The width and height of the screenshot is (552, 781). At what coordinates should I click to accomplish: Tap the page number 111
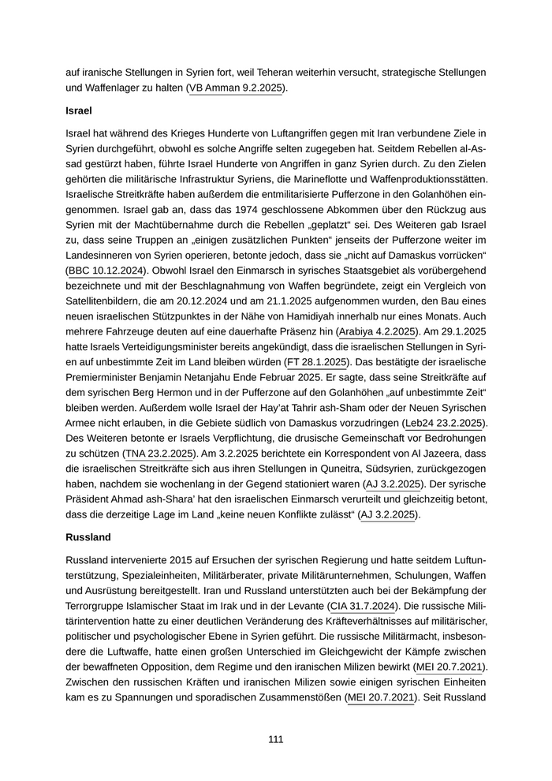(x=275, y=739)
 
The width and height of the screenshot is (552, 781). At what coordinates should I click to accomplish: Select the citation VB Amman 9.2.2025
(x=235, y=88)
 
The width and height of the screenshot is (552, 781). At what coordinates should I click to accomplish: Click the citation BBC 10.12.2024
(x=106, y=271)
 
